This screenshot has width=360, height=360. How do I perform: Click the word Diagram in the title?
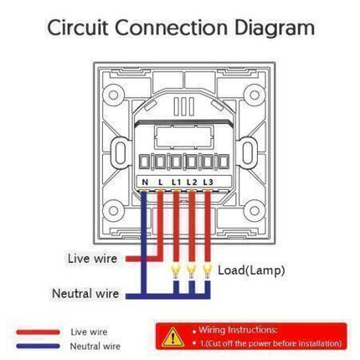pos(275,28)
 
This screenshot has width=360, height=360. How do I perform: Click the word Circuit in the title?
pos(78,28)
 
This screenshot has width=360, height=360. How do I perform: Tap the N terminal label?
pos(145,183)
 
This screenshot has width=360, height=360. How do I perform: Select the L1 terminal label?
pos(176,183)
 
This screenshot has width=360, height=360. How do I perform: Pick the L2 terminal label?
pos(192,183)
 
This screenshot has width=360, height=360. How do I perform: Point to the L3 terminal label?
pos(208,183)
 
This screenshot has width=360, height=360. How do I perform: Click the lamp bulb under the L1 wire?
pos(176,271)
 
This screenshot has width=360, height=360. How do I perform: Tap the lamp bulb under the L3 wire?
pos(207,271)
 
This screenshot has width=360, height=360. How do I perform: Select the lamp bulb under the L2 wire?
pos(191,271)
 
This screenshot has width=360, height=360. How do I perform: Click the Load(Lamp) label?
pos(251,270)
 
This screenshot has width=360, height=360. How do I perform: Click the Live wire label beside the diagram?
pos(92,258)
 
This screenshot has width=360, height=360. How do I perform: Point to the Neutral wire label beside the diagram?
pos(85,294)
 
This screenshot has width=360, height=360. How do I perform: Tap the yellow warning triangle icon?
pos(173,337)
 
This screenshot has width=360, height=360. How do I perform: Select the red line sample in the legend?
pos(38,332)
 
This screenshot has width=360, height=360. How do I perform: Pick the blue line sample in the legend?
pos(38,346)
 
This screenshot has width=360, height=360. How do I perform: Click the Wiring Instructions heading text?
pos(238,330)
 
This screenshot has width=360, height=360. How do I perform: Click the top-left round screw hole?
pos(113,95)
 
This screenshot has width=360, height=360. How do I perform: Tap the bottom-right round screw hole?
pos(255,210)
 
